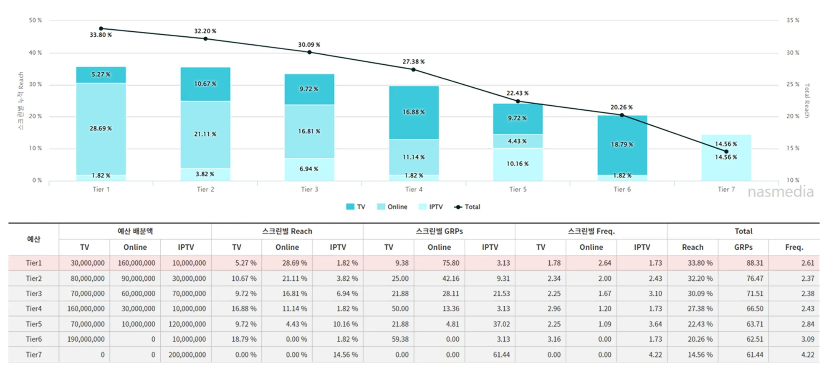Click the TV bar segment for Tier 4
pos(414,112)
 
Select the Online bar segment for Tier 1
pos(101,129)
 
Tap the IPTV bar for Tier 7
pos(726,157)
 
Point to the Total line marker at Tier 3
pos(309,52)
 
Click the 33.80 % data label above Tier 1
pos(101,35)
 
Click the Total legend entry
pos(467,207)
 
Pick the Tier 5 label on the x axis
pos(518,189)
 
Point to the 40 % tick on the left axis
pos(35,53)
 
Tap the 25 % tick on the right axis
pos(793,84)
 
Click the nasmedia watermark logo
pos(781,192)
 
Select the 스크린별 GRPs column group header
pos(439,231)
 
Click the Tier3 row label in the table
pos(34,294)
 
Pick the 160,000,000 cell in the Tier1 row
pos(136,263)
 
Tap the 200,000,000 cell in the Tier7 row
pos(187,355)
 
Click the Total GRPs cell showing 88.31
pos(755,263)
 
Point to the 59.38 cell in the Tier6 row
pos(400,339)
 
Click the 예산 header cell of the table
pos(34,239)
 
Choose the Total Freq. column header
pos(794,247)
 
